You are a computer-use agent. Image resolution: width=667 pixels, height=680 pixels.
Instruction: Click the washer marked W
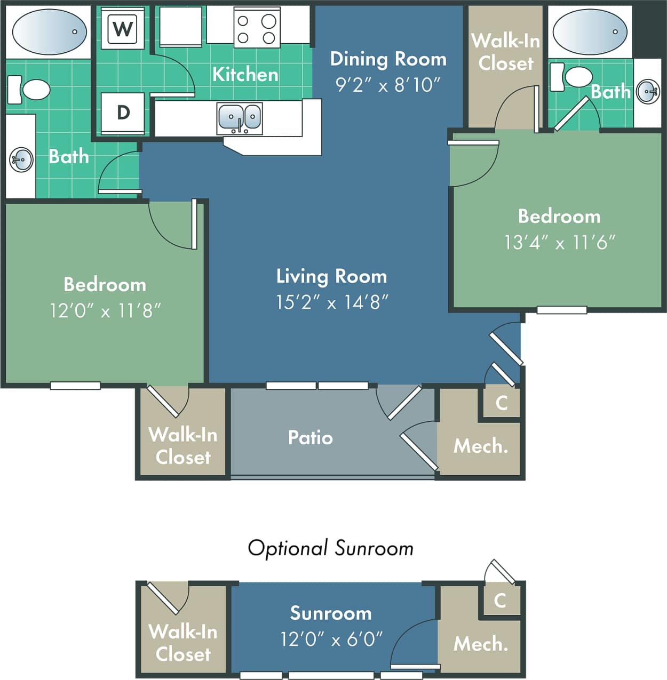point(123,28)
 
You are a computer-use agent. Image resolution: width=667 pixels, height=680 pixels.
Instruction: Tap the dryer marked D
point(123,113)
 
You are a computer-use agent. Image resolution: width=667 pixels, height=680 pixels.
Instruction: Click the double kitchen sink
point(240,118)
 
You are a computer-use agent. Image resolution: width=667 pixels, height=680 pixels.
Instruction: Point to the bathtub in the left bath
point(49,31)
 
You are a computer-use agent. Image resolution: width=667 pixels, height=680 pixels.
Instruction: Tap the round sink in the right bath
point(648,92)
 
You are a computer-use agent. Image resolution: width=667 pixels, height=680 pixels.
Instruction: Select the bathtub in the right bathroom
point(590,31)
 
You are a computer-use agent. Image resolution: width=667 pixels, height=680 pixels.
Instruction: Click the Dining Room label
point(388,59)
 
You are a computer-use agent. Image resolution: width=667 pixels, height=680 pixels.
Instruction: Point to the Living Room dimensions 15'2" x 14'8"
point(332,302)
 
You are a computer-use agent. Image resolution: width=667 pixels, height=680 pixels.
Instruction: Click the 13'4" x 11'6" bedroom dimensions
point(559,243)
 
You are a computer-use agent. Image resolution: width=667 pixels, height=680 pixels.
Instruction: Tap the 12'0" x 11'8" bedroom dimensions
point(105,310)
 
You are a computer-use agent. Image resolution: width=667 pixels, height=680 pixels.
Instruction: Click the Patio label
point(310,437)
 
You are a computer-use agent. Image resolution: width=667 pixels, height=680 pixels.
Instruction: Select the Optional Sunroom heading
point(330,548)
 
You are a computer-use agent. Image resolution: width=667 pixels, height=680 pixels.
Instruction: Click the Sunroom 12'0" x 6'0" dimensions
point(331,639)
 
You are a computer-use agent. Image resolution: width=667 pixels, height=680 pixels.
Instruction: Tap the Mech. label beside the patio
point(480,446)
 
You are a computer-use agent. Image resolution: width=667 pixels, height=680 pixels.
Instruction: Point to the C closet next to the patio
point(501,403)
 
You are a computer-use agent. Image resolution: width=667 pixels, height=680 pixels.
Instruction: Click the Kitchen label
point(245,74)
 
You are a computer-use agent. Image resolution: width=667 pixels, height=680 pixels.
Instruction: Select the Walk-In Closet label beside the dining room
point(505,52)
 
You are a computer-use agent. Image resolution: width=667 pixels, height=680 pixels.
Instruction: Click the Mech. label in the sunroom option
point(480,644)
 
